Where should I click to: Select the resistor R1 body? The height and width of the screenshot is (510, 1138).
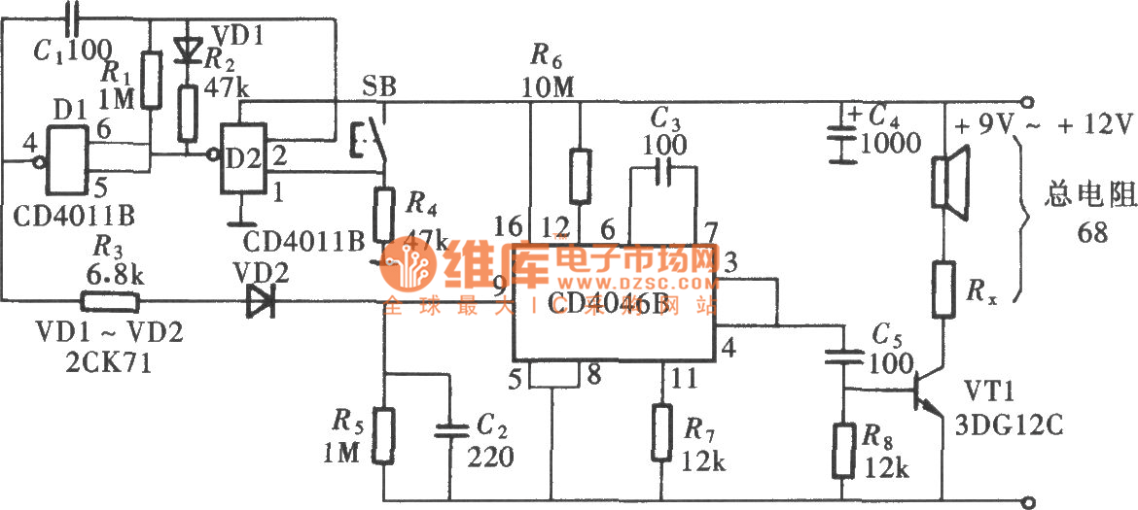[151, 79]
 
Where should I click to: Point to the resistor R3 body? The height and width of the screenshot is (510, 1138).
[110, 301]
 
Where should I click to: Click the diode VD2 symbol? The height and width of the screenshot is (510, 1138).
[260, 301]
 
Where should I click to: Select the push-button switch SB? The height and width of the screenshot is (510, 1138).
[375, 144]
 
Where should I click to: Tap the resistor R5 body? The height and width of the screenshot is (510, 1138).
[385, 434]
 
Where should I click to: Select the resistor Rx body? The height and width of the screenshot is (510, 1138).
[942, 289]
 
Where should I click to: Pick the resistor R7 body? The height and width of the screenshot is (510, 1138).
[664, 433]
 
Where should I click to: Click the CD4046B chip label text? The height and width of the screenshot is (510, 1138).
[619, 303]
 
